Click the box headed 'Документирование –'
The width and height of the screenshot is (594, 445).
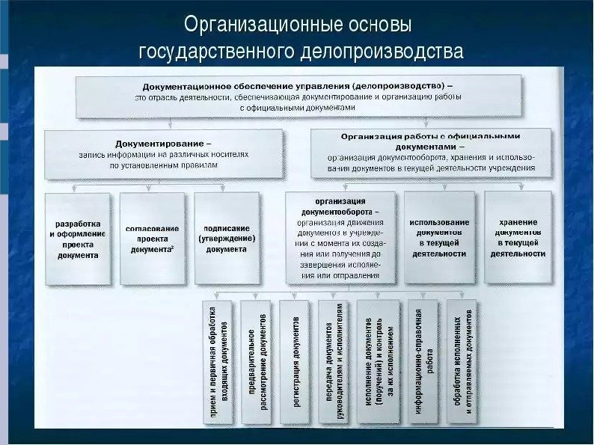point(163,154)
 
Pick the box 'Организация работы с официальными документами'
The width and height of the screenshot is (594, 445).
point(431,154)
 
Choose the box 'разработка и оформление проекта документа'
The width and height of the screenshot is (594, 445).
point(78,239)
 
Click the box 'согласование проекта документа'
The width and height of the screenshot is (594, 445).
point(153,239)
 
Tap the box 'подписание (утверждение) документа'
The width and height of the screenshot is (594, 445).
point(226,239)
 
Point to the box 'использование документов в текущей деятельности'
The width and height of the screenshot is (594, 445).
point(439,237)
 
